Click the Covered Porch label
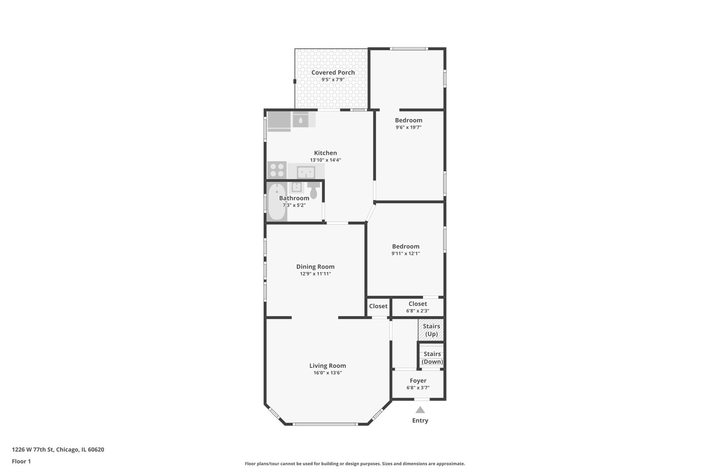tap(333, 73)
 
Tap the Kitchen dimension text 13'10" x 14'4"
tap(326, 160)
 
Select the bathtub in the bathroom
tap(277, 201)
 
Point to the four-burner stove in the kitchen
tap(277, 170)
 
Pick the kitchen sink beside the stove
tap(306, 173)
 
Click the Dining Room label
tap(316, 267)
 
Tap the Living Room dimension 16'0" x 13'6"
tap(328, 373)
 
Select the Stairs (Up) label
tap(431, 330)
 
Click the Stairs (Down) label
tap(432, 358)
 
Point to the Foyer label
tap(418, 381)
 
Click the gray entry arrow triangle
tap(420, 410)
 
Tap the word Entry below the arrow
tap(420, 421)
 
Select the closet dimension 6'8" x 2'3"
tap(418, 311)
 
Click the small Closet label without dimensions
tap(378, 306)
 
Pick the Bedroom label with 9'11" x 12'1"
tap(406, 247)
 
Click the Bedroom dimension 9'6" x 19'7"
tap(408, 127)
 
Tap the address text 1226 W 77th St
tap(32, 449)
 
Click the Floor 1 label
tap(21, 461)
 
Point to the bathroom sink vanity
tap(296, 187)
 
